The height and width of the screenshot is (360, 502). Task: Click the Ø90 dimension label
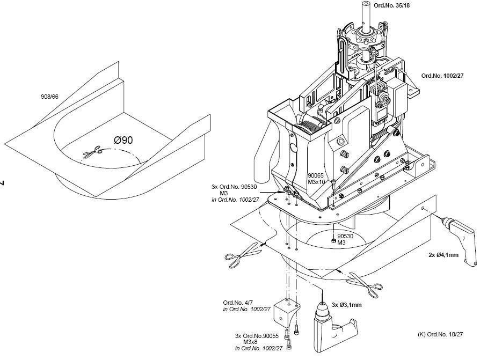(123, 140)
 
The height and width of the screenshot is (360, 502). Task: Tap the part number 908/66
(49, 97)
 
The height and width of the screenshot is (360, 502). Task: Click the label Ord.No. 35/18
(391, 5)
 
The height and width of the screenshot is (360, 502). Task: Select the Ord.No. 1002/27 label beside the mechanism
(442, 76)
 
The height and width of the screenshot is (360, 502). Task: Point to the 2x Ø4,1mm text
(443, 255)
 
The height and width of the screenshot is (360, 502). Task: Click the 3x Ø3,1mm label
(347, 305)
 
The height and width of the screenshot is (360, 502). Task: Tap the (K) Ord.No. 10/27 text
(440, 334)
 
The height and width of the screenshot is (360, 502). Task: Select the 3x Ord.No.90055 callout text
(257, 336)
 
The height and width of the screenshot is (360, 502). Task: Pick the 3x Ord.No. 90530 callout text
(234, 187)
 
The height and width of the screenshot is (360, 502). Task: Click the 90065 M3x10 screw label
(316, 179)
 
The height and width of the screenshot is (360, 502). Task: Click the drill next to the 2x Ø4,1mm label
(460, 238)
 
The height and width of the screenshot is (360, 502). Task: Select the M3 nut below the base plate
(333, 241)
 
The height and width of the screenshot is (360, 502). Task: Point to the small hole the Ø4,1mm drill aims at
(423, 209)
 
